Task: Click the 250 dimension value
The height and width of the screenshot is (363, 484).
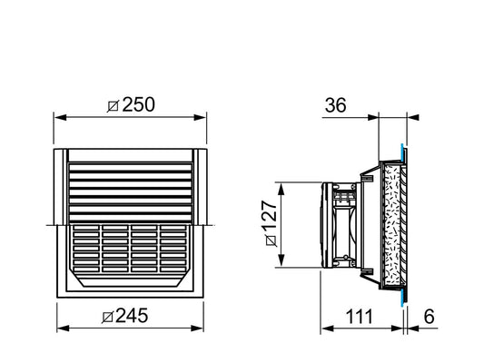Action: (137, 104)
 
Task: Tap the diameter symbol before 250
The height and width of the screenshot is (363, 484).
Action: (113, 105)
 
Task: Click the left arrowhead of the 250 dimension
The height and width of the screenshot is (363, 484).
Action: (59, 117)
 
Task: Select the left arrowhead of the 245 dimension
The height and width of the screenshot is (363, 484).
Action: (62, 329)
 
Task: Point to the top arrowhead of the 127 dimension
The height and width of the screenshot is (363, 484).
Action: (283, 185)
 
